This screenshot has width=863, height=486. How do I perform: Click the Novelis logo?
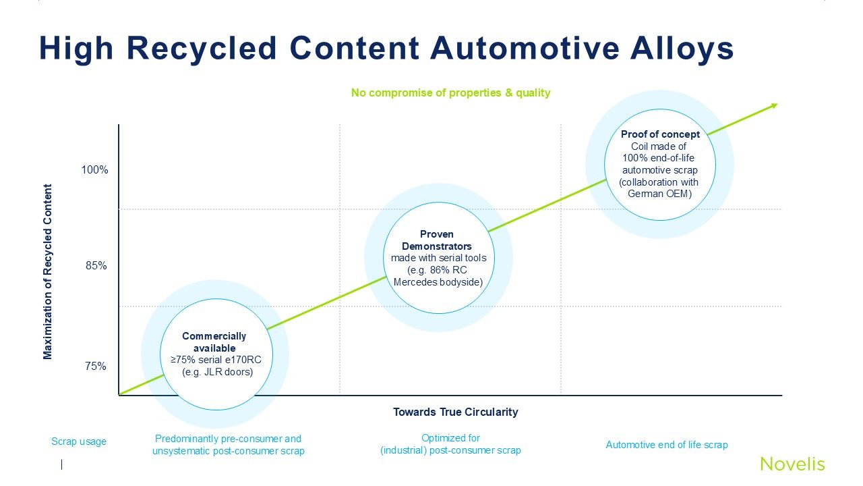(x=792, y=464)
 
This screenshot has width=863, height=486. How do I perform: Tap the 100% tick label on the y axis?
(x=94, y=170)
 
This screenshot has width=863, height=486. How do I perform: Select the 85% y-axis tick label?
(x=96, y=266)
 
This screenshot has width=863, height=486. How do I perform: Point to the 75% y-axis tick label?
(x=96, y=367)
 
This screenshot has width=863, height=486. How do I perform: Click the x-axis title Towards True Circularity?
(x=455, y=412)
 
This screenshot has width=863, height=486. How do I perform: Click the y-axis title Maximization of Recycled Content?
(x=48, y=272)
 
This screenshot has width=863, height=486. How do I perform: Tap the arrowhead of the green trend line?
(x=774, y=105)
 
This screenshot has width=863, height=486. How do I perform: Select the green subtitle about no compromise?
(x=450, y=93)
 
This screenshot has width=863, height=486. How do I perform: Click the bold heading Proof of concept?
(x=660, y=134)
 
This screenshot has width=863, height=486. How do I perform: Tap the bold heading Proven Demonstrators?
(x=437, y=240)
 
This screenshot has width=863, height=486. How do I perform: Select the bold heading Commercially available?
(x=214, y=342)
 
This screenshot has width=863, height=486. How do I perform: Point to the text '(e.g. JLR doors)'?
(x=217, y=372)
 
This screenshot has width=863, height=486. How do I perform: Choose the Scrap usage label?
(x=79, y=441)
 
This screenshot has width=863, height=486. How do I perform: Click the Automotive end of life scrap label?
(x=666, y=445)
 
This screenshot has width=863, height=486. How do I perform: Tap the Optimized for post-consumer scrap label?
(x=450, y=444)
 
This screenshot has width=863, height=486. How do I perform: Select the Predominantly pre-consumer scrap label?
(x=228, y=445)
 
